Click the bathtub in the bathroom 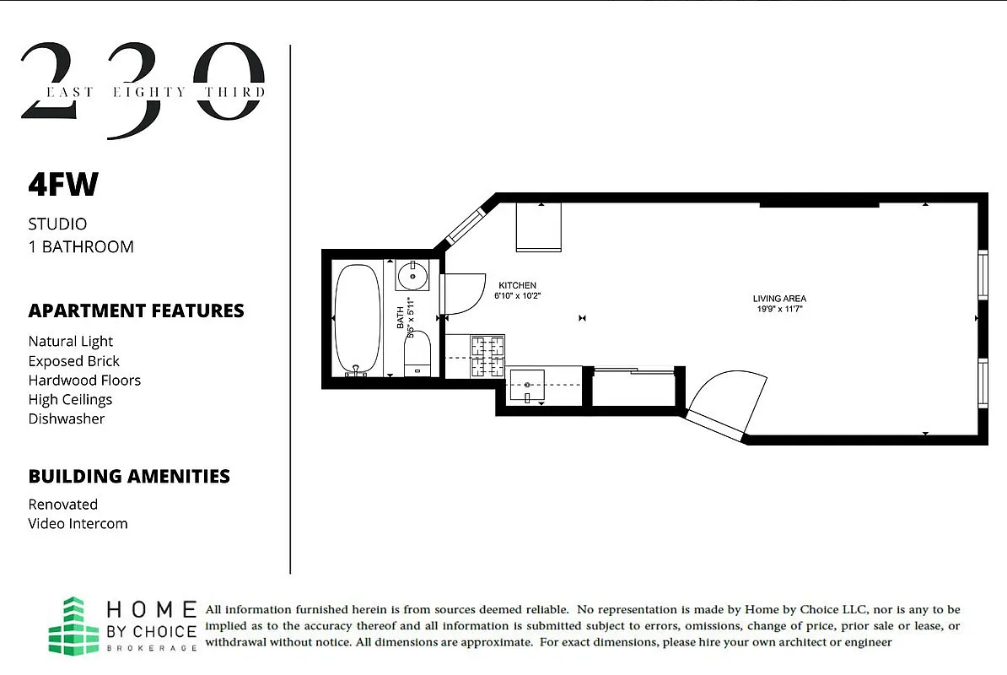pos(358,318)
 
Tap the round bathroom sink pos(412,274)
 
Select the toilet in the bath pos(417,355)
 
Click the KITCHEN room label pos(517,285)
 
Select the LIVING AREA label pos(779,299)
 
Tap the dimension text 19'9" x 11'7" pos(779,309)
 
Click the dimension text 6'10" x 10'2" pos(517,296)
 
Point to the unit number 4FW pos(63,186)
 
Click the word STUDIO pos(57,224)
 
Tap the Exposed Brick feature pos(74,361)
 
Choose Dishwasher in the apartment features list pos(67,419)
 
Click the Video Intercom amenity pos(78,524)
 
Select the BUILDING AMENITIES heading pos(129,477)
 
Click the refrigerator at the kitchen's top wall pos(539,227)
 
